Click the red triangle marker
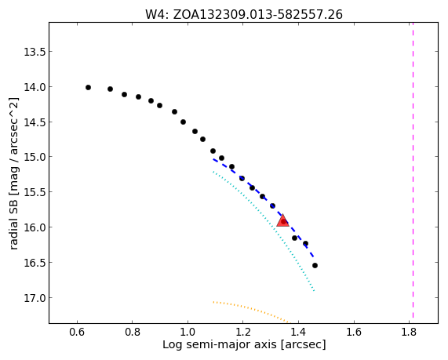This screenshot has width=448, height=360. click(283, 220)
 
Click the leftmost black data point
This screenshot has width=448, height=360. click(89, 87)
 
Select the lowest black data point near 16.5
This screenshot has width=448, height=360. click(315, 265)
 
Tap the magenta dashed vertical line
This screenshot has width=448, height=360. click(413, 173)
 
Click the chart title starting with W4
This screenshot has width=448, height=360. click(244, 14)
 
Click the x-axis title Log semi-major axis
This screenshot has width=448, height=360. click(244, 344)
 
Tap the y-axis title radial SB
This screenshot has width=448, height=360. click(13, 173)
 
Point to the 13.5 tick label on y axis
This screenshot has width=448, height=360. click(35, 52)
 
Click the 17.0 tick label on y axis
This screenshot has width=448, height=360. click(35, 298)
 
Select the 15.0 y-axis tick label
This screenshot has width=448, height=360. click(35, 157)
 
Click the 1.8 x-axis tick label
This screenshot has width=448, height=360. click(409, 332)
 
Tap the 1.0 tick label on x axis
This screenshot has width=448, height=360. click(188, 332)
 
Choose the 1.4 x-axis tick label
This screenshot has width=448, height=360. click(298, 332)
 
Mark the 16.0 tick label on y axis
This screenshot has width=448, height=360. click(35, 227)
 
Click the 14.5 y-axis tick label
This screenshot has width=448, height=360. click(35, 122)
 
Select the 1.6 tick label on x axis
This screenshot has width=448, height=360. click(354, 332)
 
